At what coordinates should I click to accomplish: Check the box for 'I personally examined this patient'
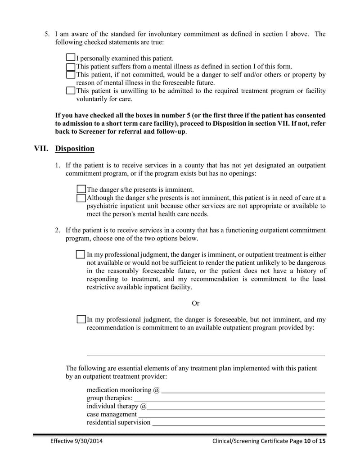[x=71, y=58]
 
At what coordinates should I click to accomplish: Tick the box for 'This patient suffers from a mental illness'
[x=71, y=66]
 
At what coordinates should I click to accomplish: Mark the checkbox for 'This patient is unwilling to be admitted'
[x=71, y=90]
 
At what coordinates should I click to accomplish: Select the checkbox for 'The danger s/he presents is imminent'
[x=81, y=189]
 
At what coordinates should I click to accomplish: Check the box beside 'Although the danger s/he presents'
[x=81, y=198]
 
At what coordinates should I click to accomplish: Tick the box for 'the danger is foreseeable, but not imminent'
[x=81, y=319]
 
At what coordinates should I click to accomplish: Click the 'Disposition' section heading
[x=75, y=149]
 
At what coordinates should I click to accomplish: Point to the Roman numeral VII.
[x=42, y=149]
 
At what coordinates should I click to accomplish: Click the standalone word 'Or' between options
[x=195, y=303]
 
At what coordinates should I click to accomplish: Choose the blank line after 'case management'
[x=231, y=416]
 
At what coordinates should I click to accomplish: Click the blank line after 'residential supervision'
[x=238, y=424]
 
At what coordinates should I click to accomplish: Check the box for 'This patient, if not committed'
[x=71, y=74]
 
